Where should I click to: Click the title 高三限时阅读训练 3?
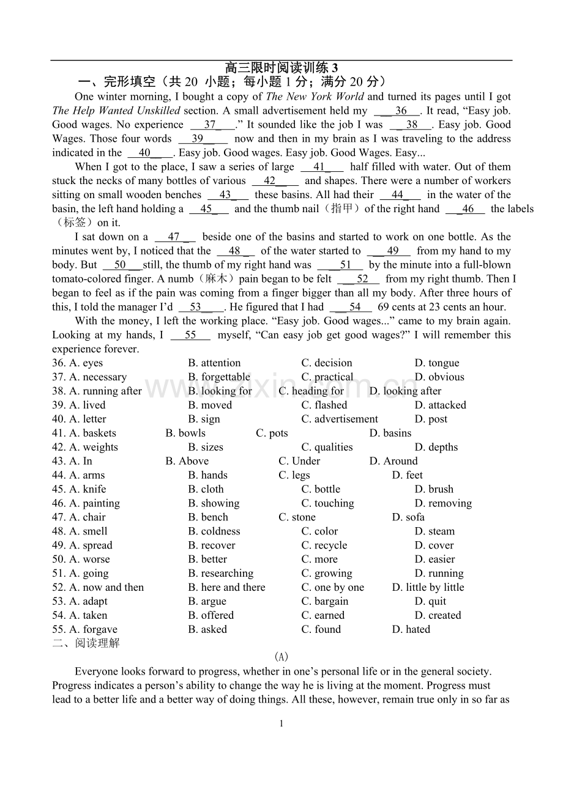tap(281, 68)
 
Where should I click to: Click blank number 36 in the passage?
tap(401, 111)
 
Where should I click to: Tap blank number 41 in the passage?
tap(319, 167)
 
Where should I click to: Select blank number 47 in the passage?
tap(174, 237)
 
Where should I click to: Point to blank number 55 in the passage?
tap(190, 335)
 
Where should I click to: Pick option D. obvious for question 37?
tap(439, 377)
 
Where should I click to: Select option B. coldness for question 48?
tap(214, 532)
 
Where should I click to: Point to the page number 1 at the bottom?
tap(281, 724)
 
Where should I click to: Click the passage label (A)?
tap(281, 657)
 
